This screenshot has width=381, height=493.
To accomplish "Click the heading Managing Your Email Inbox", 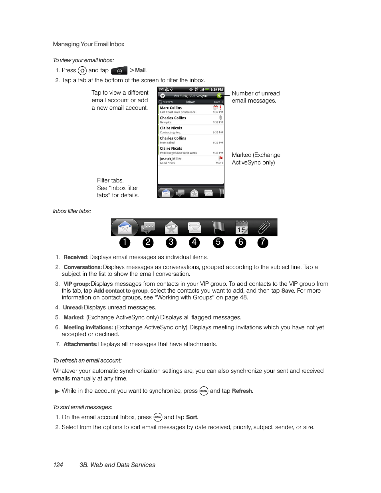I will [88, 44].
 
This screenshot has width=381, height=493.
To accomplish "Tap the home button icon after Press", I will [82, 71].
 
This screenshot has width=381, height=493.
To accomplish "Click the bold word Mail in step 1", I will [140, 71].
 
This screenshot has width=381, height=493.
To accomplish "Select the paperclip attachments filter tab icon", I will [264, 228].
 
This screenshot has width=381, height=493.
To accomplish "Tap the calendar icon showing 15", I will [241, 228].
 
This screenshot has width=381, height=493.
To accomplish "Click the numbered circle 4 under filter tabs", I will [194, 242].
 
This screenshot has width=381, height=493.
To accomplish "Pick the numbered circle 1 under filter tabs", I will [125, 242].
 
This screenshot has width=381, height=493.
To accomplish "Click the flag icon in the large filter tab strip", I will [218, 228].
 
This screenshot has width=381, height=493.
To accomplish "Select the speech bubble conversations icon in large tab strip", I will [148, 228].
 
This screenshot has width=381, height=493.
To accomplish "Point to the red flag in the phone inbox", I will [220, 158].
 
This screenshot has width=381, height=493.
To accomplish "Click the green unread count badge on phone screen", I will [219, 96].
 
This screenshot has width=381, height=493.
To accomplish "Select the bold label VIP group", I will [76, 284].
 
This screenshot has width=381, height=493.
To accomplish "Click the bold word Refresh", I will [242, 391].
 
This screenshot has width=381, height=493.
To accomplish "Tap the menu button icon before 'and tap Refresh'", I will [204, 391].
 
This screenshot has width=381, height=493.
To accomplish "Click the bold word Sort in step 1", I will [191, 417].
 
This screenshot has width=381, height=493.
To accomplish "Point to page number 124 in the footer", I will [58, 465].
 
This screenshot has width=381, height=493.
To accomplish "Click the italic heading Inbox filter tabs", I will [72, 211].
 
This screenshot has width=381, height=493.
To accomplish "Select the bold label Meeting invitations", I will [88, 327].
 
